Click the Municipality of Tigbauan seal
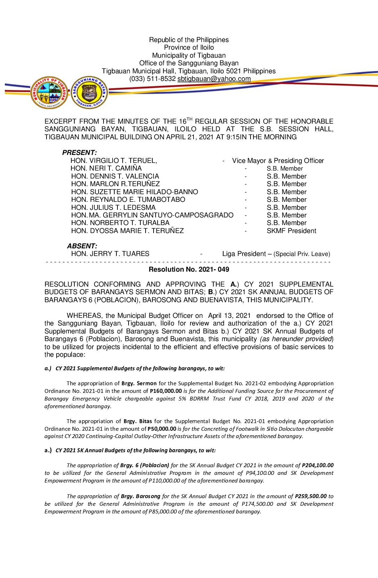(49, 92)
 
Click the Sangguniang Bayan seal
(89, 92)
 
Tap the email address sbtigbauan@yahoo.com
(214, 79)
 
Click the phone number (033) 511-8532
(153, 79)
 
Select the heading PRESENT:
(80, 153)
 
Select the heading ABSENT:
(82, 246)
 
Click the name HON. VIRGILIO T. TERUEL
(114, 161)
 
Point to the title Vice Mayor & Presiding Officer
(278, 161)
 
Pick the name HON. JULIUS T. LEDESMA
(113, 208)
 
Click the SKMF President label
(291, 231)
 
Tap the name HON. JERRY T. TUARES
(110, 254)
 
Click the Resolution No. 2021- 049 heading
(189, 270)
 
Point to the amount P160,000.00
(166, 391)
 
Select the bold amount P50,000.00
(162, 429)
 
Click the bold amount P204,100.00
(318, 465)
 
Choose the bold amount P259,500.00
(311, 496)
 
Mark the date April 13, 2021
(229, 316)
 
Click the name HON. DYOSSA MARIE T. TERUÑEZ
(128, 231)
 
